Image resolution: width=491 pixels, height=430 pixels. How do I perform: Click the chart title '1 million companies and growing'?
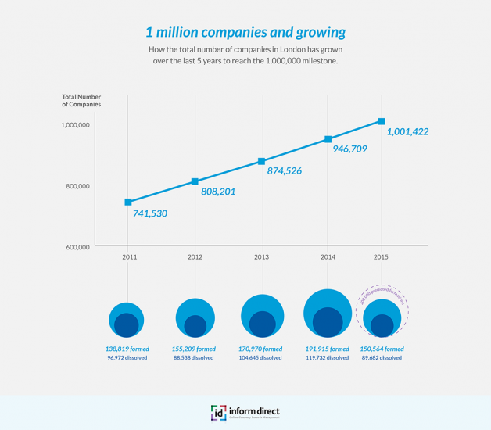pos(245,33)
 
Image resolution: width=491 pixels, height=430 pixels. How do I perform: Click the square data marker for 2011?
pos(128,202)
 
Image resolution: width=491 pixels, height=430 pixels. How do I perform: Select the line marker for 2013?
pos(262,162)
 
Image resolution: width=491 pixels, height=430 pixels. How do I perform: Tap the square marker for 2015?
pos(382,121)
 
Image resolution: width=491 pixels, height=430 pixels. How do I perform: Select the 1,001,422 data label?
pos(407,132)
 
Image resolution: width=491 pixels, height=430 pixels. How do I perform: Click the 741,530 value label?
pos(150,213)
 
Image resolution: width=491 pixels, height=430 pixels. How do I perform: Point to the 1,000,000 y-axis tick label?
pos(77,125)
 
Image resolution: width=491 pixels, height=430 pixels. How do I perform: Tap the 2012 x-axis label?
pos(195,256)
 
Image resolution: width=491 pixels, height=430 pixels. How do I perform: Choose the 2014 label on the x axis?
pos(328,256)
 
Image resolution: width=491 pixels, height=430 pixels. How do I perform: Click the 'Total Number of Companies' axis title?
pos(81,101)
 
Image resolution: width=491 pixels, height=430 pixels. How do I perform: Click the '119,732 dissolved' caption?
pos(328,358)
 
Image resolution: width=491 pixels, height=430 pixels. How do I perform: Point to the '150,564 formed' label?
pos(382,349)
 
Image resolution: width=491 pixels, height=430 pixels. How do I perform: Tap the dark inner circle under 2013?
pos(262,324)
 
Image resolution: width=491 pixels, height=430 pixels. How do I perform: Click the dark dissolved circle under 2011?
pos(127,324)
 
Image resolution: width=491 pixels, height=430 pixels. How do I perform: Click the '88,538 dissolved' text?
pos(194,358)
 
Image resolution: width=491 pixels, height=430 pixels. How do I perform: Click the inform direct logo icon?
pos(218,413)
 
